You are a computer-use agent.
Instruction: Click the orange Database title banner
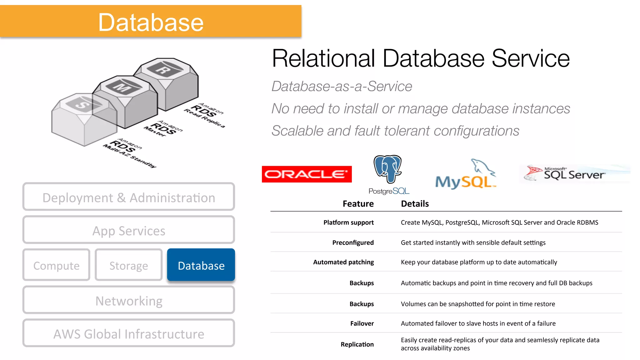click(151, 22)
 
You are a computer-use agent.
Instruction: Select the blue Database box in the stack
click(201, 265)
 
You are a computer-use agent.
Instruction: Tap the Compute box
click(56, 265)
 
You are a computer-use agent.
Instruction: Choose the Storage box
click(128, 265)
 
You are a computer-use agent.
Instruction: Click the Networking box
click(128, 301)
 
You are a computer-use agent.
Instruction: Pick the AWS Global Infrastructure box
click(128, 334)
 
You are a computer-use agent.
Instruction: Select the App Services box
click(128, 231)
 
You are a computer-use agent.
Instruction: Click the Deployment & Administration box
click(128, 197)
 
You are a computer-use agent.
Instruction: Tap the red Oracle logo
click(307, 174)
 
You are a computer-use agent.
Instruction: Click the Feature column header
click(358, 204)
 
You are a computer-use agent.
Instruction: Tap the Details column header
click(415, 204)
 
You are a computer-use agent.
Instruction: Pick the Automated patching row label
click(343, 262)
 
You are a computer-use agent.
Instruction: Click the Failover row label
click(362, 323)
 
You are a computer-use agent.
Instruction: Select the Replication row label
click(357, 344)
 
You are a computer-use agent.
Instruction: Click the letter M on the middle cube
click(122, 87)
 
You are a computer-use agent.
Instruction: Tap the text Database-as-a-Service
click(342, 86)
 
